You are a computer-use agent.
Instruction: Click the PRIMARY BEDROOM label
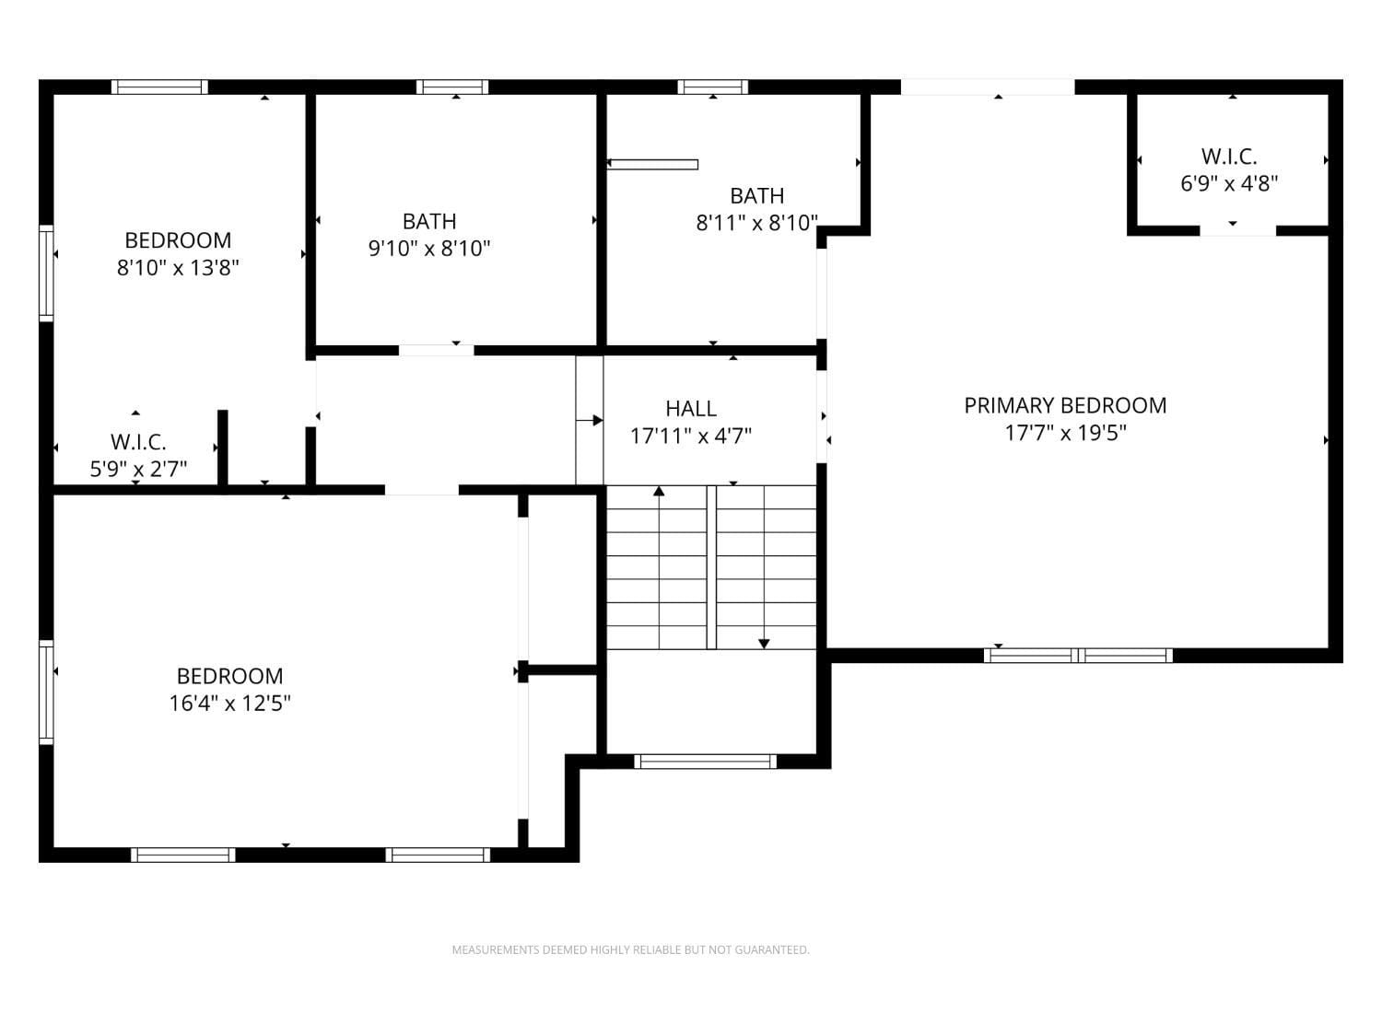click(1065, 405)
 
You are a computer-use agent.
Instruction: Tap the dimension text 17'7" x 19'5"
click(1065, 433)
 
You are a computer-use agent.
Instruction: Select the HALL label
click(691, 408)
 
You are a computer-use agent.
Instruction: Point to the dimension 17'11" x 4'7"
click(691, 436)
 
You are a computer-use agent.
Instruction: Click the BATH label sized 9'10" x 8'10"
click(429, 221)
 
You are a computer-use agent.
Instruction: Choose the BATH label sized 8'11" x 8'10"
click(756, 195)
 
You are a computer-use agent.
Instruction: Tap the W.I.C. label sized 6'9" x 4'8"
click(1229, 157)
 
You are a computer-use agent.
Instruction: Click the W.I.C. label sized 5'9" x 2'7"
click(138, 442)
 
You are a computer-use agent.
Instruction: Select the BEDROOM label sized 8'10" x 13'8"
click(178, 240)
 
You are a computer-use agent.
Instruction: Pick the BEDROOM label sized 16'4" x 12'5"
click(229, 676)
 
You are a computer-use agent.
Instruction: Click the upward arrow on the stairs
click(659, 493)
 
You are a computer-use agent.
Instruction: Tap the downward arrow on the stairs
click(764, 643)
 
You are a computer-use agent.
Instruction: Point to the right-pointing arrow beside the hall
click(591, 421)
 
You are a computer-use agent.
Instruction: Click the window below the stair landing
click(706, 762)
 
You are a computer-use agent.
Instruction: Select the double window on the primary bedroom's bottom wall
click(1078, 656)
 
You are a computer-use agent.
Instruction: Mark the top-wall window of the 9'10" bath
click(452, 87)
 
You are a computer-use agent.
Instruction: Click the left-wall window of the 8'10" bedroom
click(46, 273)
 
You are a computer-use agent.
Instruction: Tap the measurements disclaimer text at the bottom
click(630, 949)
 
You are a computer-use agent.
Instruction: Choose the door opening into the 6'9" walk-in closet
click(1237, 230)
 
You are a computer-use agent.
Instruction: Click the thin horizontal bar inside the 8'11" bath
click(652, 165)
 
